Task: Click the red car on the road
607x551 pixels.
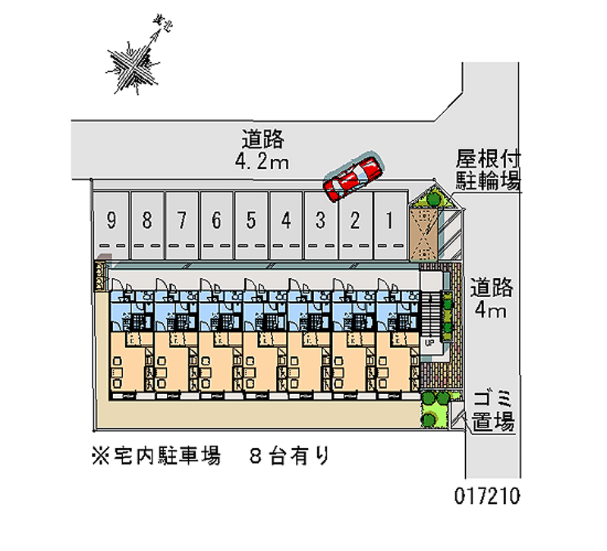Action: [x=352, y=176]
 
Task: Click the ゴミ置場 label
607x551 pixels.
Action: [x=493, y=411]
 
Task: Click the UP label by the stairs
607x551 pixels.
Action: [x=429, y=343]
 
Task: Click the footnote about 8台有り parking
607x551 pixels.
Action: [x=209, y=456]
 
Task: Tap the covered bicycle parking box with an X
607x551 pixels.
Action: [x=423, y=232]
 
